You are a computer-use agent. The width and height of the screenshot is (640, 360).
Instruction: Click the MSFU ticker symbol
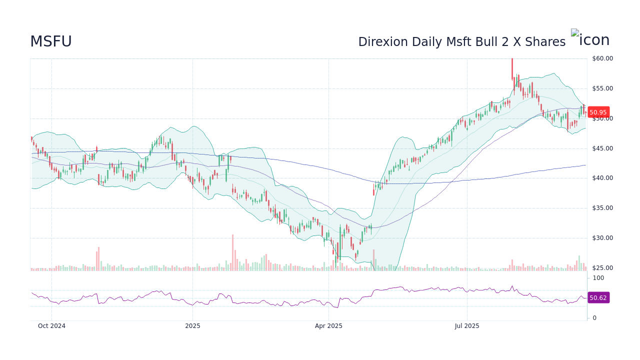pos(51,42)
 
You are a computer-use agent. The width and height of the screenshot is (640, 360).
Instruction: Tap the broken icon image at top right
pos(590,39)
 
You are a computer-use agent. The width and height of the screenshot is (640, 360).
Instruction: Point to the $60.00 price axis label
pos(602,58)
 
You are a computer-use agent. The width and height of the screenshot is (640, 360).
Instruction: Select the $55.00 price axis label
pos(602,88)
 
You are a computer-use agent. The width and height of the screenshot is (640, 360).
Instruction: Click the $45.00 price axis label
pos(602,148)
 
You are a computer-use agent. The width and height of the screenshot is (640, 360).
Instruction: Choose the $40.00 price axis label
pos(602,178)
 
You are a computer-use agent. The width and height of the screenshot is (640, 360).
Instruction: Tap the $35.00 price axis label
pos(602,208)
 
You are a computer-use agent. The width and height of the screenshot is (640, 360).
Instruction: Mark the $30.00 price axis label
pos(602,238)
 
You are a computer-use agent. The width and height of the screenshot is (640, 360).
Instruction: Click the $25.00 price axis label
pos(602,268)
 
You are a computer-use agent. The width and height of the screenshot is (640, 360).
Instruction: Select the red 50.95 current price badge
pos(598,112)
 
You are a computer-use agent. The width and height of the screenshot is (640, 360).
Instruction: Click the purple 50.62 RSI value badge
pos(598,298)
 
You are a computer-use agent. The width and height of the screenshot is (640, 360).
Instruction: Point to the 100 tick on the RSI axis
pos(598,278)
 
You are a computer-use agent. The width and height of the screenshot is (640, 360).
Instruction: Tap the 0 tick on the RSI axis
pos(594,318)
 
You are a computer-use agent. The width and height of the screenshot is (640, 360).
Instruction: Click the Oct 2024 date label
pos(51,326)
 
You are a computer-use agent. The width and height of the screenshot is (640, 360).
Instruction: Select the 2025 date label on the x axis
pos(192,326)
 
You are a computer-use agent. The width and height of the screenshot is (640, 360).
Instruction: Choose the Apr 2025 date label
pos(328,326)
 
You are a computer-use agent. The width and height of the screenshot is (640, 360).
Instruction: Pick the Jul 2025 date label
pos(467,326)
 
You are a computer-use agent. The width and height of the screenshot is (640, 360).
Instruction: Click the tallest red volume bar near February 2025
pos(232,253)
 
